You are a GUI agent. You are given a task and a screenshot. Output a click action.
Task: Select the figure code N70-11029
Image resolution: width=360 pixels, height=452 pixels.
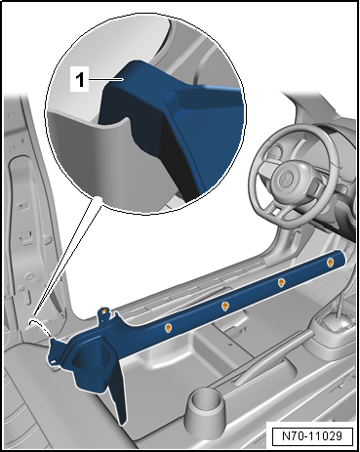[311, 431]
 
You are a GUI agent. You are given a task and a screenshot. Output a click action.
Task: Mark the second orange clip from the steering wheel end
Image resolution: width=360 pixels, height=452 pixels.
[281, 282]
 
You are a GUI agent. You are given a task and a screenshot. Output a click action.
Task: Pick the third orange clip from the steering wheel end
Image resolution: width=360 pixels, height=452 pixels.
[224, 306]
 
